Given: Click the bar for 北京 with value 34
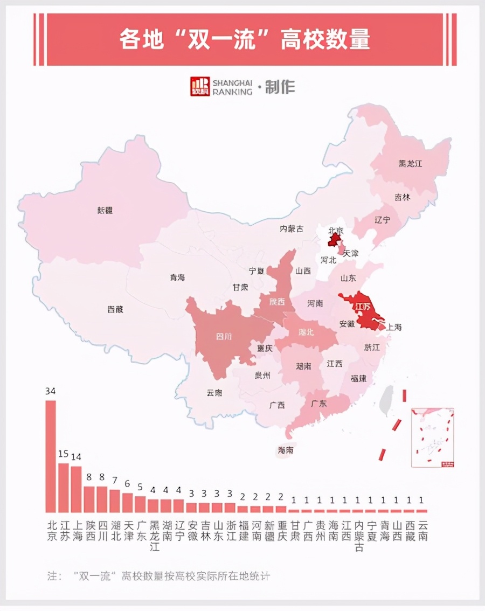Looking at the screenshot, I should (50, 456).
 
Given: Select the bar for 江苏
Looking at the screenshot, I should (63, 488).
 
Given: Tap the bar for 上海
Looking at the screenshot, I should (76, 489).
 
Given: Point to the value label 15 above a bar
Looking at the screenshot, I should (63, 454).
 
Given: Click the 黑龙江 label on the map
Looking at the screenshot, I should (410, 163).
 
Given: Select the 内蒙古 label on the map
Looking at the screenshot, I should (291, 229).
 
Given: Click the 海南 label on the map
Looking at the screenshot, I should (286, 450).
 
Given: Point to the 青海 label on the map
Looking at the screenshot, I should (177, 277).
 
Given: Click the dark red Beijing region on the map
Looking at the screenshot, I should (335, 239).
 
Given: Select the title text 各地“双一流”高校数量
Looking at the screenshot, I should (245, 40).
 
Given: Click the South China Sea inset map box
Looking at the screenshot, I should (433, 438).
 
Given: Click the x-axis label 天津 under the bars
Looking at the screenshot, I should (128, 530).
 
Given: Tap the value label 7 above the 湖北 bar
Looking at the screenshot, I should (115, 480).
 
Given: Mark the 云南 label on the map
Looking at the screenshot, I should (214, 393).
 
